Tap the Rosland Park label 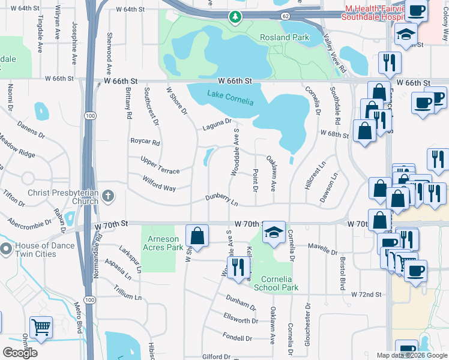[x=284, y=37]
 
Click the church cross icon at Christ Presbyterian [x=108, y=196]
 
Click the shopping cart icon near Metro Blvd [x=41, y=328]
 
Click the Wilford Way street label [x=159, y=184]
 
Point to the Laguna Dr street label [x=217, y=124]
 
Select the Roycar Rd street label [x=145, y=143]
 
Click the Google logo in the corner [x=20, y=353]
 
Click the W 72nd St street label [x=366, y=294]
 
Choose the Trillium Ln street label [x=127, y=296]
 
